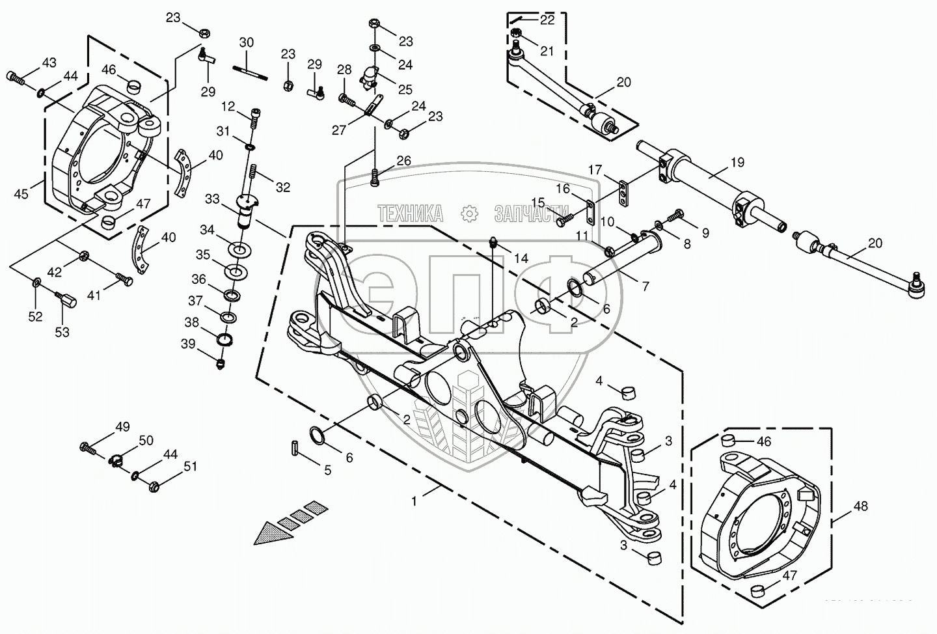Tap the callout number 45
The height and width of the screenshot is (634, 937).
(x=21, y=193)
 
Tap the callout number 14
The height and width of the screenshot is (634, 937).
(x=521, y=258)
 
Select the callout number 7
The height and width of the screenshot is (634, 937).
(x=645, y=286)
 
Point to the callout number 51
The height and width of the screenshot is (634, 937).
(x=190, y=466)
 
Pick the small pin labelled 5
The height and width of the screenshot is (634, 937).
(x=294, y=448)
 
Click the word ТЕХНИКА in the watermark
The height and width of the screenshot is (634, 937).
(x=410, y=213)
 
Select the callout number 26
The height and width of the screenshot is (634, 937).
(x=403, y=160)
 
